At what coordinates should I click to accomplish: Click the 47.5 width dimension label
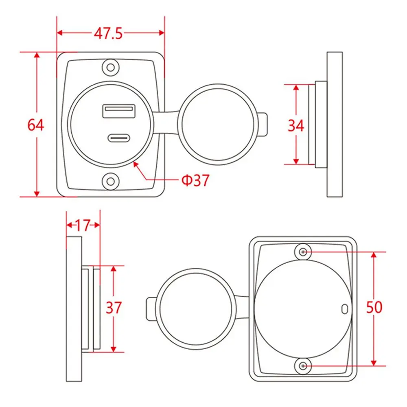[108, 33]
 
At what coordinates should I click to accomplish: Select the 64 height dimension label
[35, 125]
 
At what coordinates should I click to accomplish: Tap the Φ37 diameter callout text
[195, 180]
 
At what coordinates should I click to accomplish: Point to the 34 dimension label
[295, 126]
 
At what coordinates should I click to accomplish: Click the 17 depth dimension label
[83, 225]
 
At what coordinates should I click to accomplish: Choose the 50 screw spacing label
[374, 307]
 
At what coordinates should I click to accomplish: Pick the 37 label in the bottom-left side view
[114, 308]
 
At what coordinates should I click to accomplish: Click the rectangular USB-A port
[119, 111]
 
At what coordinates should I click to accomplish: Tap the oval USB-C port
[119, 138]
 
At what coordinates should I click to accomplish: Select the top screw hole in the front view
[111, 68]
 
